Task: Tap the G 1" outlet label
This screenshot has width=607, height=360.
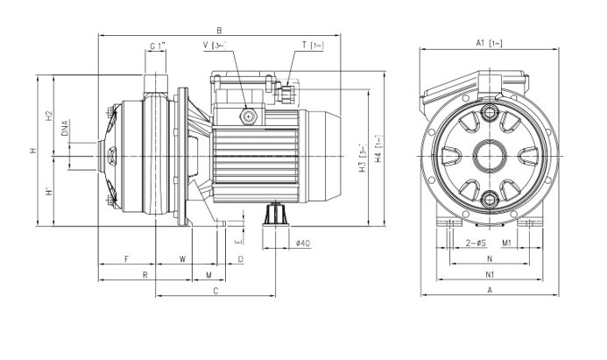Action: click(x=157, y=46)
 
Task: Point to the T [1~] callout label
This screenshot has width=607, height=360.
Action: click(x=312, y=46)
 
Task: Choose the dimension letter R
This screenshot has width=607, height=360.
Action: click(x=145, y=275)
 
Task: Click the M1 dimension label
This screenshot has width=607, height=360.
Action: click(x=508, y=242)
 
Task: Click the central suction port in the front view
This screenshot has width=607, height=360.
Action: click(x=489, y=158)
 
